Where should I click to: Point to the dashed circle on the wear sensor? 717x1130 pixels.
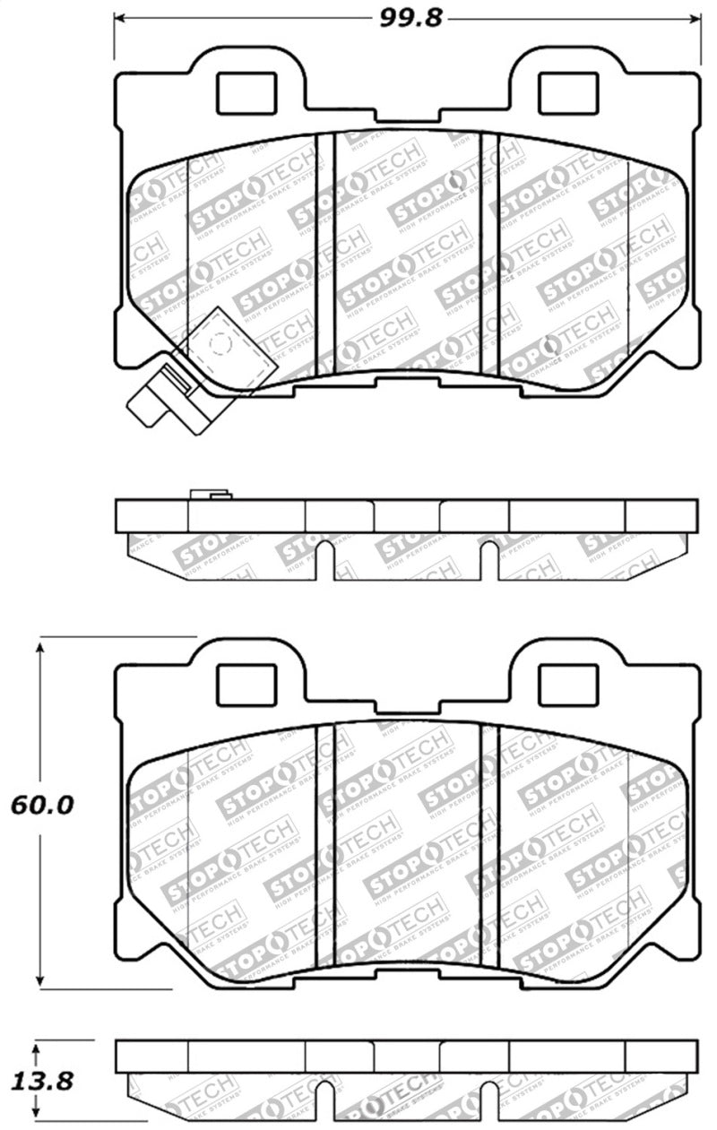[218, 343]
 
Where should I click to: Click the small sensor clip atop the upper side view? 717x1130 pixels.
[211, 494]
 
